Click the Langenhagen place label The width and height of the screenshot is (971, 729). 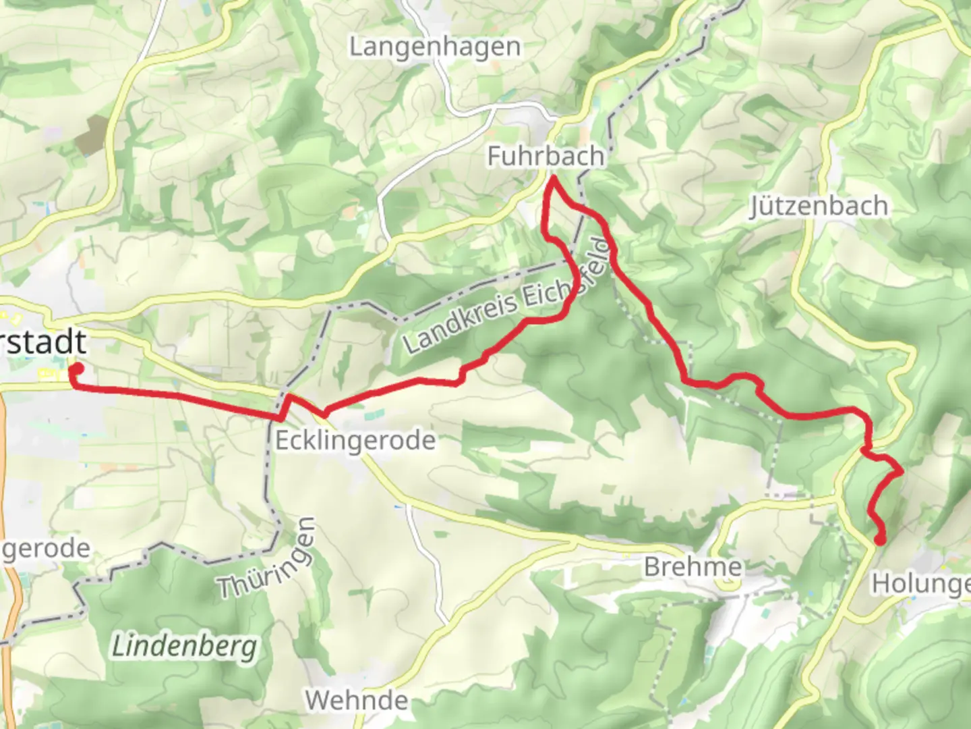pos(435,47)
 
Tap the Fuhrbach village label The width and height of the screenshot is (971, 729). pos(546,157)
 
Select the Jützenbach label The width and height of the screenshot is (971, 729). pos(819,206)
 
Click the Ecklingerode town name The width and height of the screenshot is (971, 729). pos(355,441)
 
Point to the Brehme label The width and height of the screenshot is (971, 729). pos(693,567)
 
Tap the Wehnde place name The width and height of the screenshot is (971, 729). pos(357,700)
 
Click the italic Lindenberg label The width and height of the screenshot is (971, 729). pos(184,647)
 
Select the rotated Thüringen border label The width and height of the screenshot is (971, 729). pos(268,559)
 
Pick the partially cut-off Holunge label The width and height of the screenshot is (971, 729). pos(920,583)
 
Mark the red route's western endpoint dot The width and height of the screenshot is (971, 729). pos(77,369)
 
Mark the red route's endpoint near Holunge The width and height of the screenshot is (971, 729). pos(881,539)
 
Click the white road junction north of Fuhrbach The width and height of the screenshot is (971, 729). pos(496,107)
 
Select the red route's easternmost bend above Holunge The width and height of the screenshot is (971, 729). pos(901,473)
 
